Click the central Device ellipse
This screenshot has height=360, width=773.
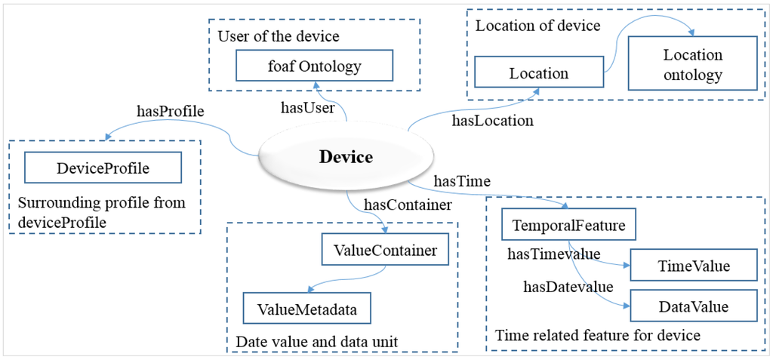[346, 157]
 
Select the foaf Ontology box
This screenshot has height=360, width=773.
[315, 66]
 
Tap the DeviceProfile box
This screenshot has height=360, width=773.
[103, 168]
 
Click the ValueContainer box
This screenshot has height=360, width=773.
[385, 251]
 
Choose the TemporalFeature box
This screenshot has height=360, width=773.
[568, 226]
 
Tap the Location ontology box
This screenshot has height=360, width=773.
[693, 65]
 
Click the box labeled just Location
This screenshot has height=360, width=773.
[539, 73]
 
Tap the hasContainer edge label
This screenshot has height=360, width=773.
[408, 204]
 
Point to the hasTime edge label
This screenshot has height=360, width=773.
[463, 181]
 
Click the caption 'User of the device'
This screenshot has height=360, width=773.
[279, 36]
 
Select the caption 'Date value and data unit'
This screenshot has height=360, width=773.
[317, 342]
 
